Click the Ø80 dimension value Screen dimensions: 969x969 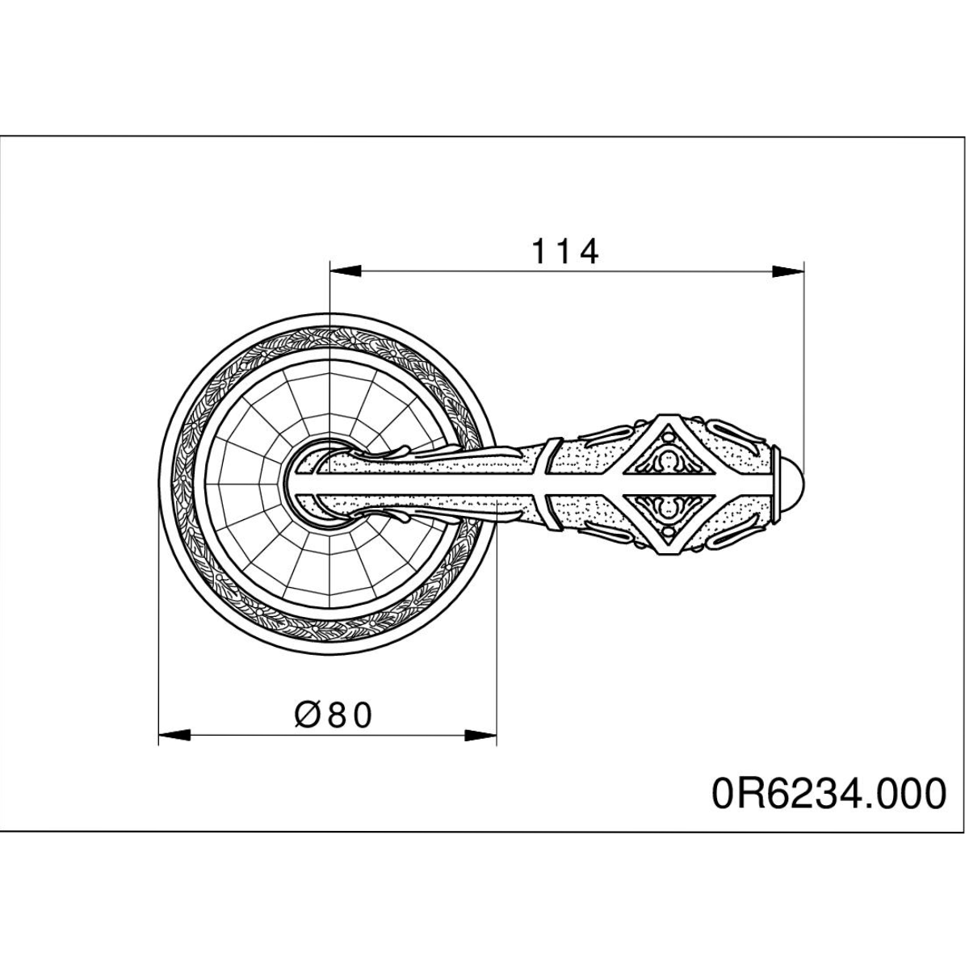coord(333,715)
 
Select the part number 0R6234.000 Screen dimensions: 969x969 coord(829,794)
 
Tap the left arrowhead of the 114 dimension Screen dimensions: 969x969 coord(346,271)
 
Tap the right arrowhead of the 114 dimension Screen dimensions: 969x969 coord(788,271)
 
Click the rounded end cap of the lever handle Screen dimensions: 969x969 coord(790,483)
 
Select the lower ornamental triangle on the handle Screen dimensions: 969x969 coord(668,515)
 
